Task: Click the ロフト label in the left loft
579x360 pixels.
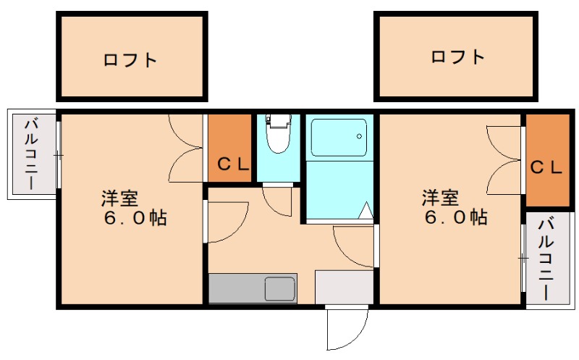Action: (130, 60)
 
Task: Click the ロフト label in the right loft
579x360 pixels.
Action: (457, 56)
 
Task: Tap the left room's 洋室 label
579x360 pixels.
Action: (119, 197)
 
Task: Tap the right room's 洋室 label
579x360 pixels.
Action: (441, 197)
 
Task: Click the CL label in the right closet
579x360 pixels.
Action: (546, 167)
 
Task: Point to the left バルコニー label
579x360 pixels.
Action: (31, 154)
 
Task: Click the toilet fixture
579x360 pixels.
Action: (277, 134)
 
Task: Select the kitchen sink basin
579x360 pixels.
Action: (279, 288)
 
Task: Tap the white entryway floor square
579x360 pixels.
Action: (344, 286)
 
